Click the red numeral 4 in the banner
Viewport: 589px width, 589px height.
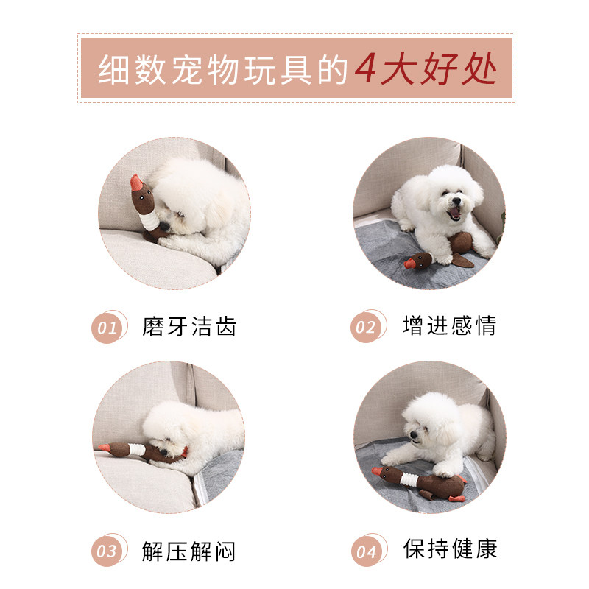(x=365, y=68)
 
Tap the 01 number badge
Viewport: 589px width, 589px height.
(x=108, y=327)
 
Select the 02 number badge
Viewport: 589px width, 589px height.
(x=367, y=326)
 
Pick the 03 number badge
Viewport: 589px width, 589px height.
(x=108, y=550)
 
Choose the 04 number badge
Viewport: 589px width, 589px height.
(x=369, y=550)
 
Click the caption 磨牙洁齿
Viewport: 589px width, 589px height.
(x=189, y=326)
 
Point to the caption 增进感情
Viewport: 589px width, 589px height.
(x=450, y=325)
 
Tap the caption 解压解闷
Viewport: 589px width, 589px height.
(x=189, y=551)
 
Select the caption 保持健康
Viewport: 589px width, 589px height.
(x=450, y=549)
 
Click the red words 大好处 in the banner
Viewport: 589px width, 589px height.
(x=438, y=68)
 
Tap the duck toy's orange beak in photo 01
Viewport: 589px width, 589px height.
(x=135, y=183)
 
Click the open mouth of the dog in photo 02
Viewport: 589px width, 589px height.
(x=455, y=214)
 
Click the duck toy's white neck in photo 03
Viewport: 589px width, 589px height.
(x=136, y=449)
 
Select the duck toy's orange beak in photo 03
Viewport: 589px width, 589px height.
(x=104, y=447)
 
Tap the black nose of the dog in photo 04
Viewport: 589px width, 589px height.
(x=413, y=434)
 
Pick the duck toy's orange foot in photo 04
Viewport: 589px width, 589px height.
(x=456, y=498)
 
